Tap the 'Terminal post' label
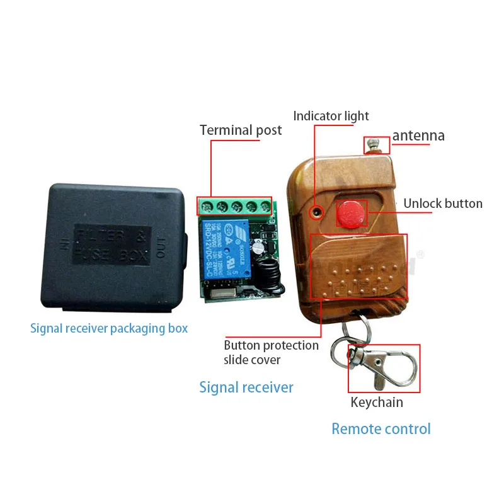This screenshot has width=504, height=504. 241,130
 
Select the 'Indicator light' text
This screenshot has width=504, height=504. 331,116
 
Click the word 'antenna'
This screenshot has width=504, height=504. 418,135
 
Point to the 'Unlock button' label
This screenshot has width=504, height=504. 442,203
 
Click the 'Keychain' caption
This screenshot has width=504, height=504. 377,402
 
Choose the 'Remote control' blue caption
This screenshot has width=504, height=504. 381,429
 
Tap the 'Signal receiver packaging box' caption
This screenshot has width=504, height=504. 109,328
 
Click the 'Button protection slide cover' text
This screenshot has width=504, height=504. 271,352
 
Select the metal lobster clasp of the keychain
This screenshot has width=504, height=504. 381,368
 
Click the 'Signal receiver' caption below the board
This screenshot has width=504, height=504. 246,387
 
